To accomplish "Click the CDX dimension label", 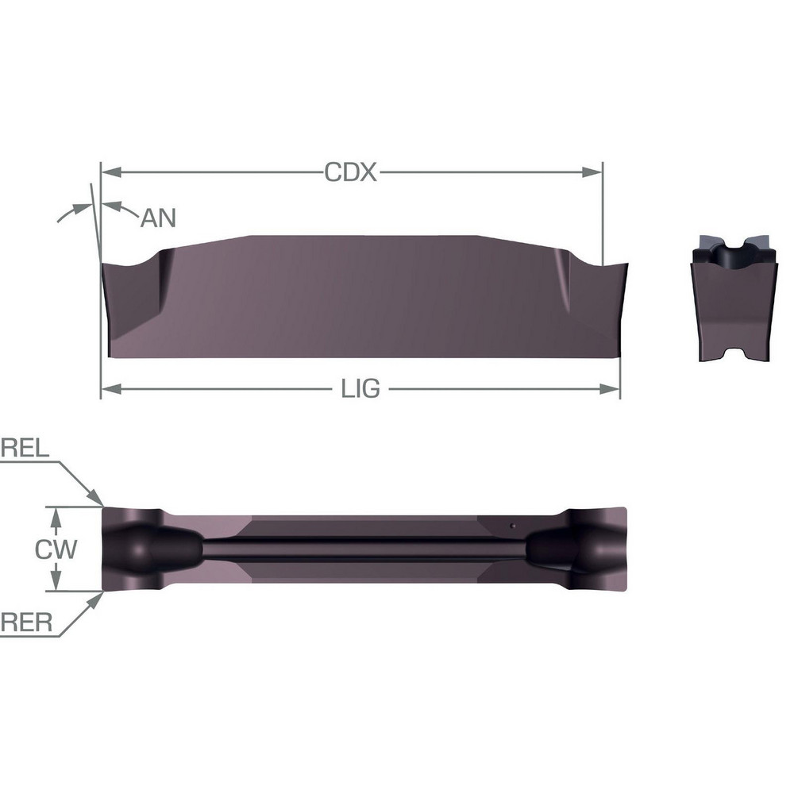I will pos(350,172).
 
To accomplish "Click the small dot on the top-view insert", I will pos(513,526).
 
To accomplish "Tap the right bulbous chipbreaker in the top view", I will pos(560,549).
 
